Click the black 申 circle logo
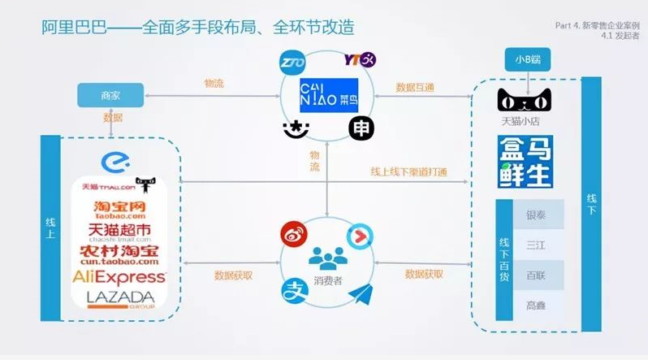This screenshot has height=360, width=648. tap(361, 128)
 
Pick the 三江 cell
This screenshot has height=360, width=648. tap(536, 245)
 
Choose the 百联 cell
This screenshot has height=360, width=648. tap(536, 275)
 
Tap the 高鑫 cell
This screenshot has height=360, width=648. tap(536, 305)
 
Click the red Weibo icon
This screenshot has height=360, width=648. tap(291, 235)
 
